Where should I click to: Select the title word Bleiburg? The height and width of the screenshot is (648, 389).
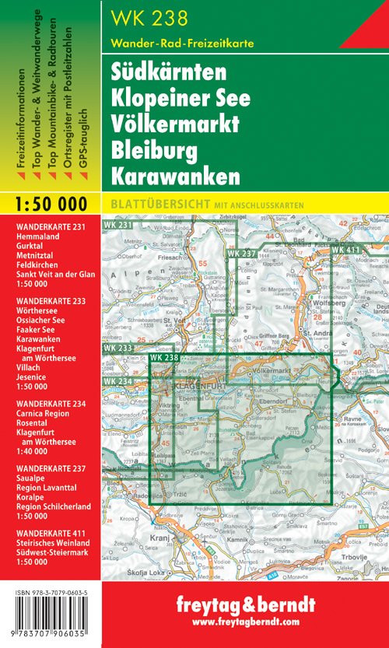[x=156, y=149]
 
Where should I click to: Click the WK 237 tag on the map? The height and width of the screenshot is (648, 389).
[x=241, y=254]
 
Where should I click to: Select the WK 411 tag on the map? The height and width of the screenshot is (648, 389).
[x=346, y=249]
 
